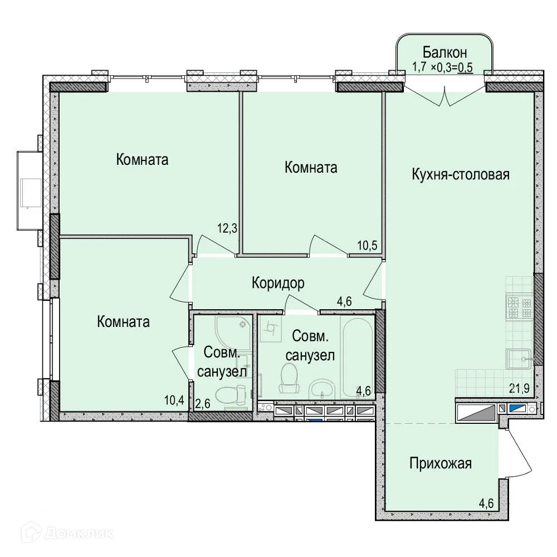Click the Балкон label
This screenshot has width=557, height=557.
(x=444, y=52)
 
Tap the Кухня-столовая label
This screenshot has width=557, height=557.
(x=461, y=174)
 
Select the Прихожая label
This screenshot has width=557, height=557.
(x=441, y=463)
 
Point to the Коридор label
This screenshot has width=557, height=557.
(x=278, y=283)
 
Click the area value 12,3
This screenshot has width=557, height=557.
(x=227, y=228)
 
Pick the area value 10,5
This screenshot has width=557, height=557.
(x=367, y=245)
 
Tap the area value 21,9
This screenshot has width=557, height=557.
(x=519, y=388)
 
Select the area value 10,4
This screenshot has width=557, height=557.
(x=174, y=400)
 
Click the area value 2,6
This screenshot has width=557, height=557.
(x=203, y=403)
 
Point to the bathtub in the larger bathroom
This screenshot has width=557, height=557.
(x=358, y=357)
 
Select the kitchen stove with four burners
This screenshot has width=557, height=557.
(x=520, y=307)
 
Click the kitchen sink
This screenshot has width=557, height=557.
(x=519, y=359)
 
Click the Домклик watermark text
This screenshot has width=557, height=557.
(x=79, y=533)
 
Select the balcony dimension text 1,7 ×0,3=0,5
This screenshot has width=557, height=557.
(x=443, y=67)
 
